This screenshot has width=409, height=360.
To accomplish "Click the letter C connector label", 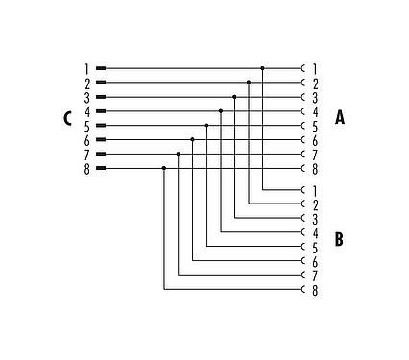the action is pyautogui.click(x=66, y=119).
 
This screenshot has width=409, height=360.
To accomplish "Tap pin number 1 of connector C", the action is pyautogui.click(x=86, y=68).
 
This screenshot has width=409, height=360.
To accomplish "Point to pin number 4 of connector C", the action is pyautogui.click(x=86, y=111).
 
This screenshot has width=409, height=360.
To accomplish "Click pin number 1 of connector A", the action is pyautogui.click(x=315, y=68).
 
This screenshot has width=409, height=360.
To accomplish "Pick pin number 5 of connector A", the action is pyautogui.click(x=315, y=126).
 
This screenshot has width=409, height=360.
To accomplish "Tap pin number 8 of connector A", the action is pyautogui.click(x=315, y=168).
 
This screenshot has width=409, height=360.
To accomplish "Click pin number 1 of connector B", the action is pyautogui.click(x=315, y=189).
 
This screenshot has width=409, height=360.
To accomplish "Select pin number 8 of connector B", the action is pyautogui.click(x=315, y=289).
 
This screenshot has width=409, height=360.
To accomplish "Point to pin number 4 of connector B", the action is pyautogui.click(x=315, y=232).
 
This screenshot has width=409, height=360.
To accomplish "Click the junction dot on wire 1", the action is pyautogui.click(x=263, y=68).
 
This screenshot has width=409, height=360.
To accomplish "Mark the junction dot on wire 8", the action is pyautogui.click(x=164, y=168).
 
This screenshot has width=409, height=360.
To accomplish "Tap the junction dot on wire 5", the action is pyautogui.click(x=206, y=126).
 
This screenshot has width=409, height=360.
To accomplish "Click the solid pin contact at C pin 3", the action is pyautogui.click(x=101, y=97).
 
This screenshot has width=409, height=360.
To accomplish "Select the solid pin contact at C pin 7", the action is pyautogui.click(x=101, y=154).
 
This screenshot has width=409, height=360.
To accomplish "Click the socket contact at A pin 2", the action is pyautogui.click(x=303, y=83).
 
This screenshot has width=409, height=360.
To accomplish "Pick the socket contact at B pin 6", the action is pyautogui.click(x=303, y=260).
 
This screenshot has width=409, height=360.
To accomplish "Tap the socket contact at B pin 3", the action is pyautogui.click(x=303, y=218).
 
